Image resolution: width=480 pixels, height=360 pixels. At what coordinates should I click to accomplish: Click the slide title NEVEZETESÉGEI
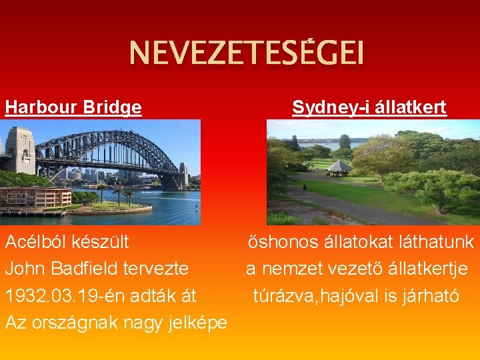[x=247, y=54]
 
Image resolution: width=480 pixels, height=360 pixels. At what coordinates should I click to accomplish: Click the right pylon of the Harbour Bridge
[x=183, y=175]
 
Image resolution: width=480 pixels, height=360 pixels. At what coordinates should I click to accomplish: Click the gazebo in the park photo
[x=339, y=167]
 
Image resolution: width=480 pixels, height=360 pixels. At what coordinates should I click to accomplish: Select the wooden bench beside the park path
[x=339, y=215]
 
